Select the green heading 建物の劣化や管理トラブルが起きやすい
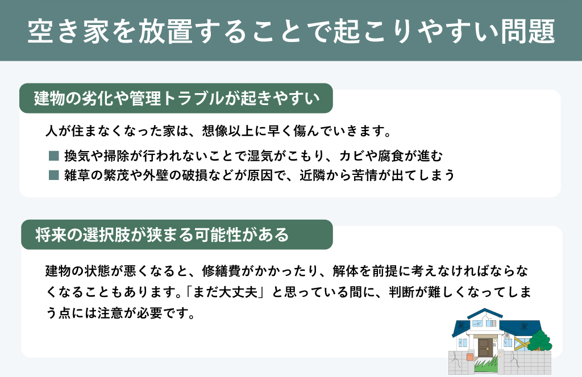pos(176,98)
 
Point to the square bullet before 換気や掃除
pos(54,156)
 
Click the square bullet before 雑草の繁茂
pos(54,175)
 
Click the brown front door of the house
pos(484,347)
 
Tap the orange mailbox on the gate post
pos(470,357)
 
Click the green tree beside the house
pos(540,340)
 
